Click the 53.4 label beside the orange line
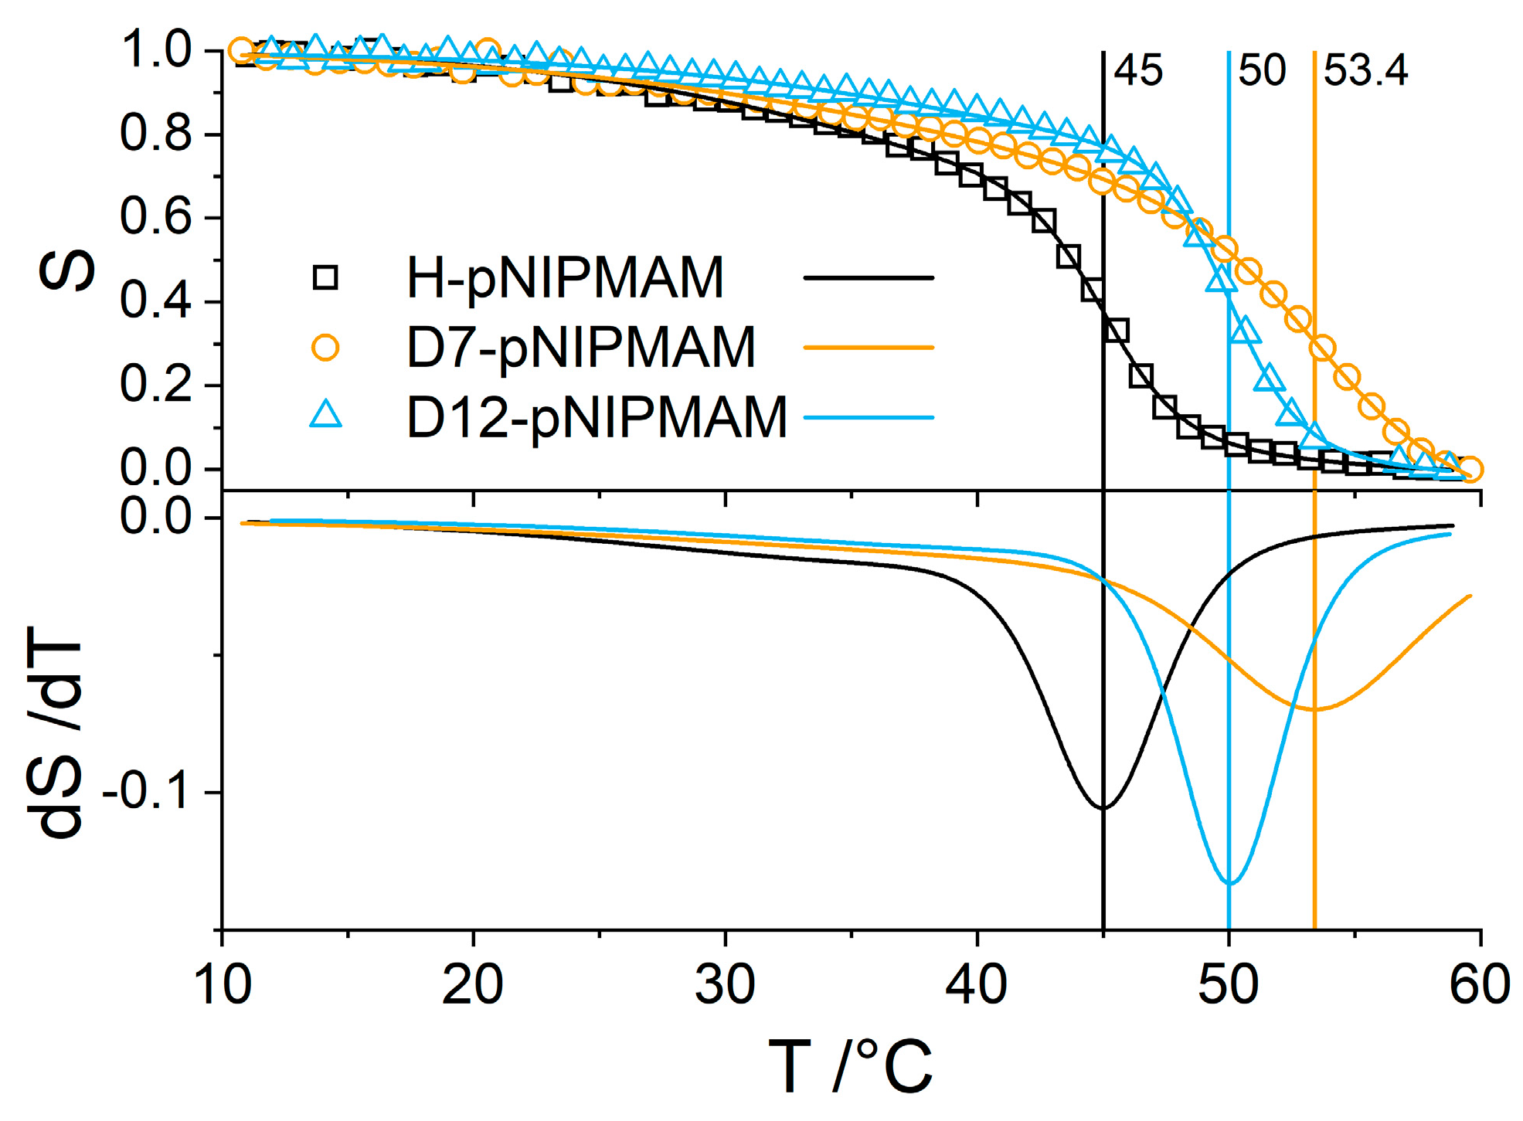pos(1365,71)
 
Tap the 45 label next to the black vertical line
pos(1137,71)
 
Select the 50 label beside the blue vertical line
pos(1261,71)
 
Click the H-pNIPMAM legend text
pos(565,278)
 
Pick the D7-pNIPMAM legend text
pos(580,348)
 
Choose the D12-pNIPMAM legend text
pos(596,418)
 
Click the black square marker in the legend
pos(325,277)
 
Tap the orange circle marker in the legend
pos(325,348)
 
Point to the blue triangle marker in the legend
pos(325,416)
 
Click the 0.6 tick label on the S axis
pos(155,217)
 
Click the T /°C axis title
pos(851,1067)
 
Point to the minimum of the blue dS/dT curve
pos(1230,882)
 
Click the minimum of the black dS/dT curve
pos(1103,808)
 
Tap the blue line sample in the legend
pos(869,418)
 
